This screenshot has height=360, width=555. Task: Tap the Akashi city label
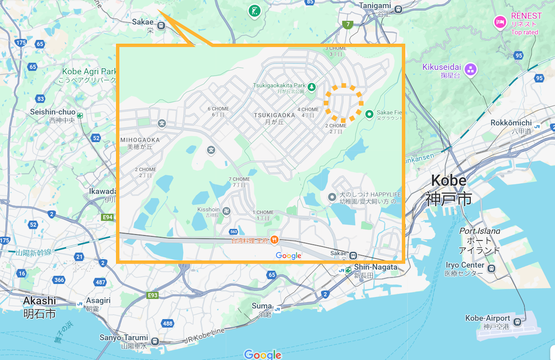coord(39,301)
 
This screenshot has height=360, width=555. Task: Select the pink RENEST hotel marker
coord(500,22)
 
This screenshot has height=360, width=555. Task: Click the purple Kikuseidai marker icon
coord(471,70)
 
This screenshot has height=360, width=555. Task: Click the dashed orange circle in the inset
coord(344,103)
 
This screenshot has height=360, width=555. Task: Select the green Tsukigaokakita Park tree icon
coord(312,86)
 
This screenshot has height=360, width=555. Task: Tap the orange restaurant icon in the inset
coord(275,239)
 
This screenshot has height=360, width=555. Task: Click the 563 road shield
coord(234,232)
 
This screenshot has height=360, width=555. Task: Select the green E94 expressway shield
coord(107,217)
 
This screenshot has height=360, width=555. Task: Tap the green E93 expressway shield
coord(153,295)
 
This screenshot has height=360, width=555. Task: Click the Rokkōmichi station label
coord(512,122)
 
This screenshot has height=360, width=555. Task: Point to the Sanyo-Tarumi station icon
coord(154,341)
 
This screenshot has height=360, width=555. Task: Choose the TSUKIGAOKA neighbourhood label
coord(274,115)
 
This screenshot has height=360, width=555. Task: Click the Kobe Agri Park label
coord(90,72)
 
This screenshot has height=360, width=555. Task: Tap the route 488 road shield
coord(167,323)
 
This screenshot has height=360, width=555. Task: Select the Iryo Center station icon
coord(491,268)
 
